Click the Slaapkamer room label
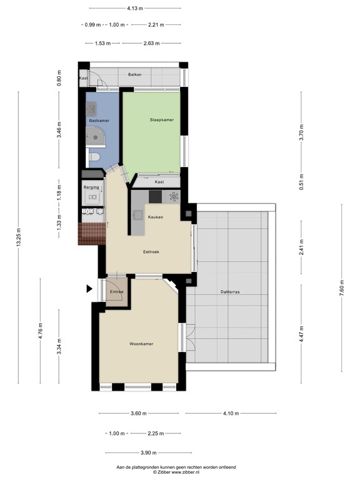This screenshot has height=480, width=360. coord(162,120)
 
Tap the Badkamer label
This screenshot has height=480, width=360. coord(99,121)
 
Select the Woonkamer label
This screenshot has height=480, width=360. coord(141,344)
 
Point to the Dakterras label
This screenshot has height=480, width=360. coord(230,292)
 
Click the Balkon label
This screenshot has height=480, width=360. coord(135,74)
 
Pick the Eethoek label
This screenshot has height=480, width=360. coord(151,252)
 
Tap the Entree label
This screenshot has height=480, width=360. coord(116,292)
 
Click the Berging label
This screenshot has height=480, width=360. coord(91,187)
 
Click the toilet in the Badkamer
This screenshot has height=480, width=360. coord(94,157)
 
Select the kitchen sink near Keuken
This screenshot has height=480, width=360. coord(137,215)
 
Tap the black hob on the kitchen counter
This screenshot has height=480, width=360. coord(155,196)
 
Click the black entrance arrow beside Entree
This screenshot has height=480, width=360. coord(89,289)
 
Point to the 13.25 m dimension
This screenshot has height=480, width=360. coord(19,237)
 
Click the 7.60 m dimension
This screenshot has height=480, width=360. coord(342,287)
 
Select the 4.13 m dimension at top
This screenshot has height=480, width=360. coord(135,8)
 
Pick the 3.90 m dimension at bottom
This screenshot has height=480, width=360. coord(149,452)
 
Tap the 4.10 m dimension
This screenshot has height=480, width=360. coord(231,413)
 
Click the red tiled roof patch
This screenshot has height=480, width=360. coord(92,234)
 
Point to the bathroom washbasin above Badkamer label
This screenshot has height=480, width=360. coord(91,108)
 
